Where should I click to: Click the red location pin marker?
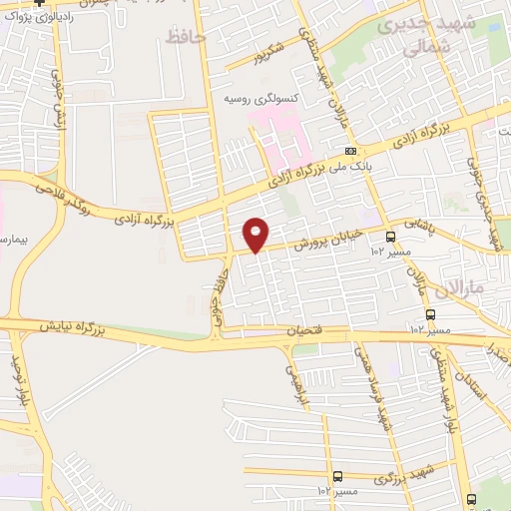(256, 235)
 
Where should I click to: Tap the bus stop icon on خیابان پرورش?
(389, 237)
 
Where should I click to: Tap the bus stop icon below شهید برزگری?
(338, 476)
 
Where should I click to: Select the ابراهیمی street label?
(295, 386)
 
